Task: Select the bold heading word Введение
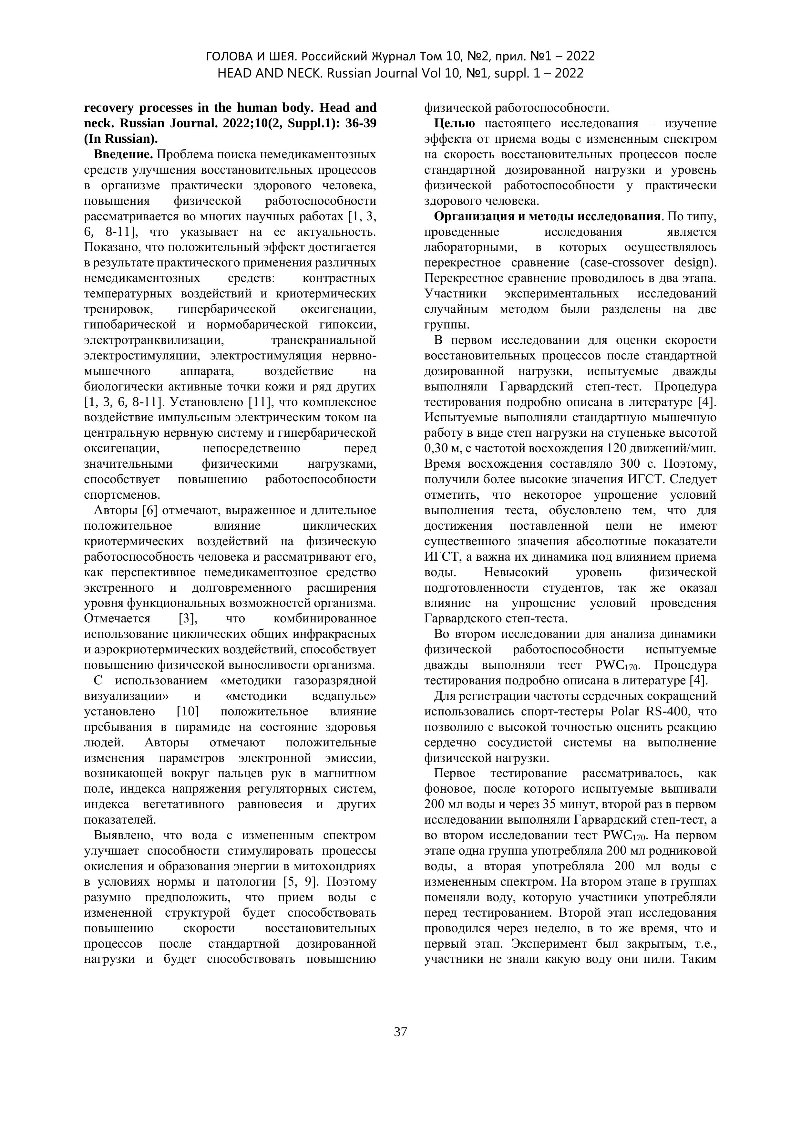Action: pos(123,155)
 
